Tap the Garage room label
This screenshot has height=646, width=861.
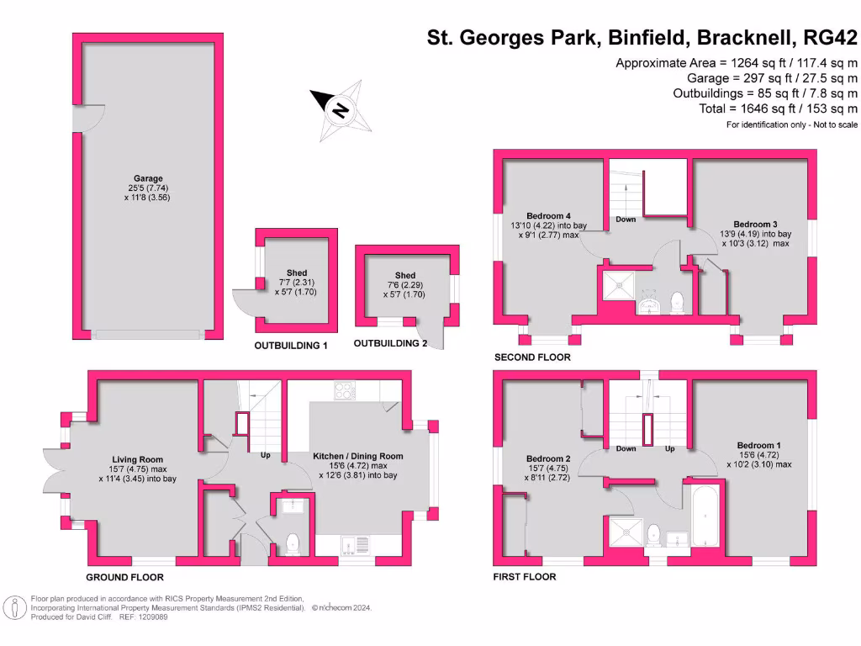148,178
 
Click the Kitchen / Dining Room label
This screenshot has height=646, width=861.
358,456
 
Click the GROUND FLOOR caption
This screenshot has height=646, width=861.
124,578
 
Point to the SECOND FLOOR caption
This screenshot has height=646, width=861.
531,357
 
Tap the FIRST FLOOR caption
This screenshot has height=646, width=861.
525,577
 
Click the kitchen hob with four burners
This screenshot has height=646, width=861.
345,390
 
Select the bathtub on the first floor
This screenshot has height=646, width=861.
703,516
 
